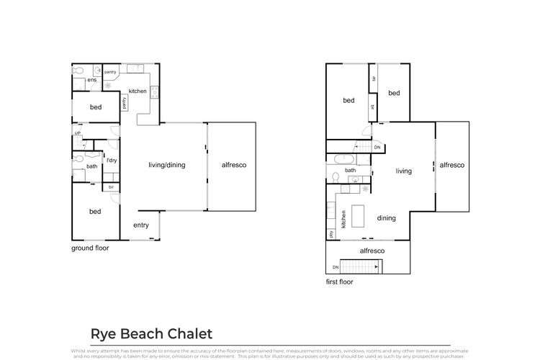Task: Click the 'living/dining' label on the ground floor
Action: point(167,165)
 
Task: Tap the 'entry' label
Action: point(141,225)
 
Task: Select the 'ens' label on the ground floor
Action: point(92,80)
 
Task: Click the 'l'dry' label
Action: point(112,160)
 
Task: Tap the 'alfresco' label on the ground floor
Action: point(233,165)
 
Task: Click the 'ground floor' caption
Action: point(90,248)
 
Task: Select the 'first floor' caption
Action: point(340,282)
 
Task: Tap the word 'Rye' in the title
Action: point(103,334)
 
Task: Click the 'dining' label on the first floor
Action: point(387,218)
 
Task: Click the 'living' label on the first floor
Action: point(403,171)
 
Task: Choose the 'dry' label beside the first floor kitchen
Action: point(330,233)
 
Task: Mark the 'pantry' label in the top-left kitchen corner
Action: point(111,72)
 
